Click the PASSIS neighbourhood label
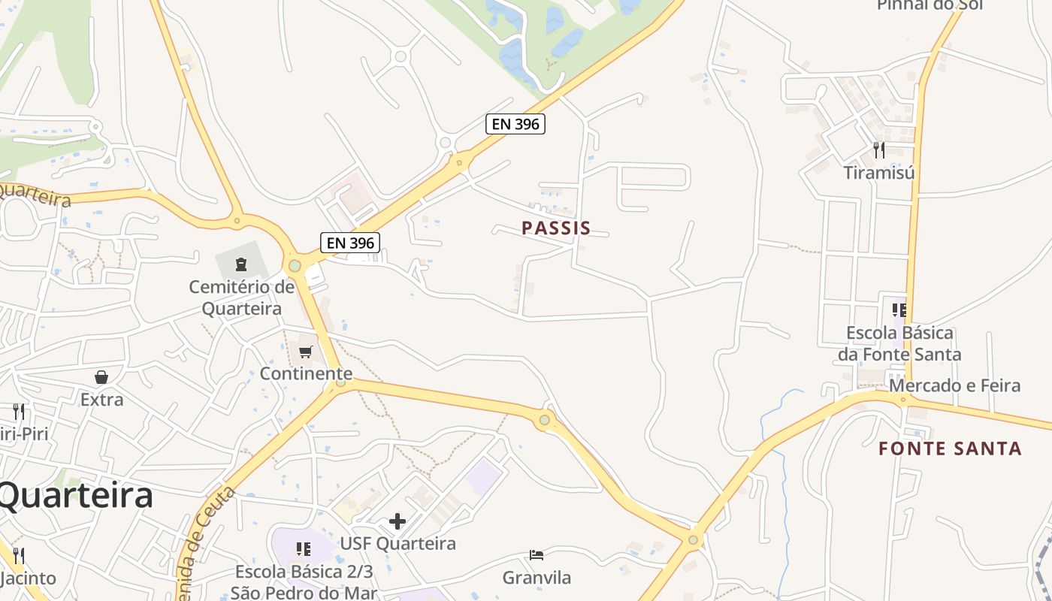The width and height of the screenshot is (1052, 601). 556,228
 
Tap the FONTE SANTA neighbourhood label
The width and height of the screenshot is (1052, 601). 951,448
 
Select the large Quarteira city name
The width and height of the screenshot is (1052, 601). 75,496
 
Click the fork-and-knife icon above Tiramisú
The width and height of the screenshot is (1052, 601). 879,150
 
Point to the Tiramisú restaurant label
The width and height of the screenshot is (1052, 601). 879,173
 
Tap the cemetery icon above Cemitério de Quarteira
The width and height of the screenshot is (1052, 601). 241,264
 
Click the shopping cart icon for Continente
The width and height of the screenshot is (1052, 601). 306,352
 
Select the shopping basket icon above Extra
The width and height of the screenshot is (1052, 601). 101,377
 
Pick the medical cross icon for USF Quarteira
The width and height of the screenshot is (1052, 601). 398,521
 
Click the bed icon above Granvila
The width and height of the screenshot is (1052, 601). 537,555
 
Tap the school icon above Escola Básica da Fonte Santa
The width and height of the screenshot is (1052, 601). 899,310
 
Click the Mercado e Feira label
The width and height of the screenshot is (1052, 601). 955,385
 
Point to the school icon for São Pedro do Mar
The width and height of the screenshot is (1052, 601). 304,549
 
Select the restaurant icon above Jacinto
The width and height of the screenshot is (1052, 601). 19,556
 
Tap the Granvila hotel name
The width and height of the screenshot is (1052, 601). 537,578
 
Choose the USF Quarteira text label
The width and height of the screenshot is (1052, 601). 398,543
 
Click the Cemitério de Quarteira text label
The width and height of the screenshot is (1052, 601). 241,297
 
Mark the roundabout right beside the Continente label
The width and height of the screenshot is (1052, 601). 341,382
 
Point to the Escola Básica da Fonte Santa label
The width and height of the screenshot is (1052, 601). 899,343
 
